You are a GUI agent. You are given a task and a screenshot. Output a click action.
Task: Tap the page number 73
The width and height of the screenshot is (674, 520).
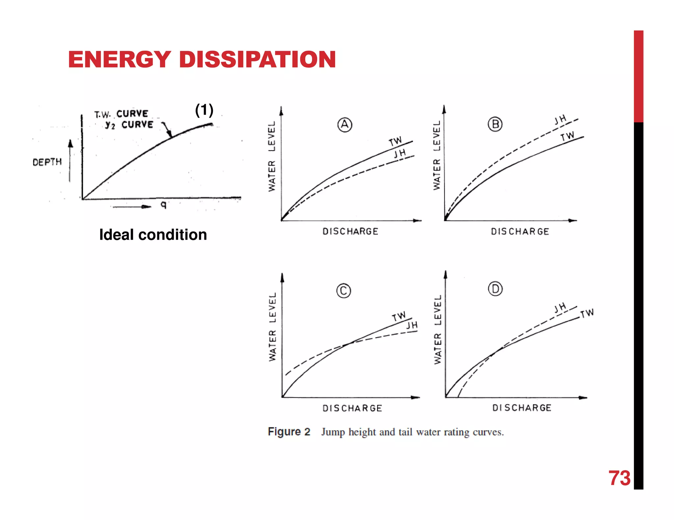(619, 478)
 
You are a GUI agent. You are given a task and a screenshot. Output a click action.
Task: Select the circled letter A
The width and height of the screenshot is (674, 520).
(345, 125)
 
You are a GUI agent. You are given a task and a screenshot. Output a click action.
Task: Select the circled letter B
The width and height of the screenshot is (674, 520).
(495, 125)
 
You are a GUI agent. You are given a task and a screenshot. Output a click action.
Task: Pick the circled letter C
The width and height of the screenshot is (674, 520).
(344, 291)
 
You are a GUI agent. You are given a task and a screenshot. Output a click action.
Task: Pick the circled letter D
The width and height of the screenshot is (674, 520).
(495, 289)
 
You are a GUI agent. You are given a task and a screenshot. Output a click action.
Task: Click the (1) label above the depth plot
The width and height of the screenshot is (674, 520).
(204, 110)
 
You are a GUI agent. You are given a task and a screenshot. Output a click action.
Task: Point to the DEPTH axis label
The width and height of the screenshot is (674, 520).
(47, 162)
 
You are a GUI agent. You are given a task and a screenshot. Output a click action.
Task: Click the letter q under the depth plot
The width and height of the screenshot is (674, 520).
(164, 205)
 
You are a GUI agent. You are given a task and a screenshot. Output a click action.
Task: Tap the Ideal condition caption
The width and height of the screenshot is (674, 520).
(153, 235)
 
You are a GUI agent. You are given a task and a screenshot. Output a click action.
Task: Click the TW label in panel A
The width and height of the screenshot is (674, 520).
(395, 141)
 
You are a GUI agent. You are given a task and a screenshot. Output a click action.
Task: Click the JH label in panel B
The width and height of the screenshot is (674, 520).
(560, 120)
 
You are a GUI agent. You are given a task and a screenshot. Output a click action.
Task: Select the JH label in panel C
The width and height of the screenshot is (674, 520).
(412, 325)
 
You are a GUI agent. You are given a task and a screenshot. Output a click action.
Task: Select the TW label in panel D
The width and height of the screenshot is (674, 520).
(587, 313)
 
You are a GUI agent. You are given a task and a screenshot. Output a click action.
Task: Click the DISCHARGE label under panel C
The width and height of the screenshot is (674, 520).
(352, 408)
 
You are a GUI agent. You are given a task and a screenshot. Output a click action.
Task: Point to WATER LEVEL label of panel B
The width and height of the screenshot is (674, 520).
(437, 155)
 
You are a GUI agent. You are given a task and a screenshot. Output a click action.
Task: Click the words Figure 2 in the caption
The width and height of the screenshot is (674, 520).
(289, 432)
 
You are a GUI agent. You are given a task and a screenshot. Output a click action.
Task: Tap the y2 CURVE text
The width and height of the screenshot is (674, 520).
(129, 125)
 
